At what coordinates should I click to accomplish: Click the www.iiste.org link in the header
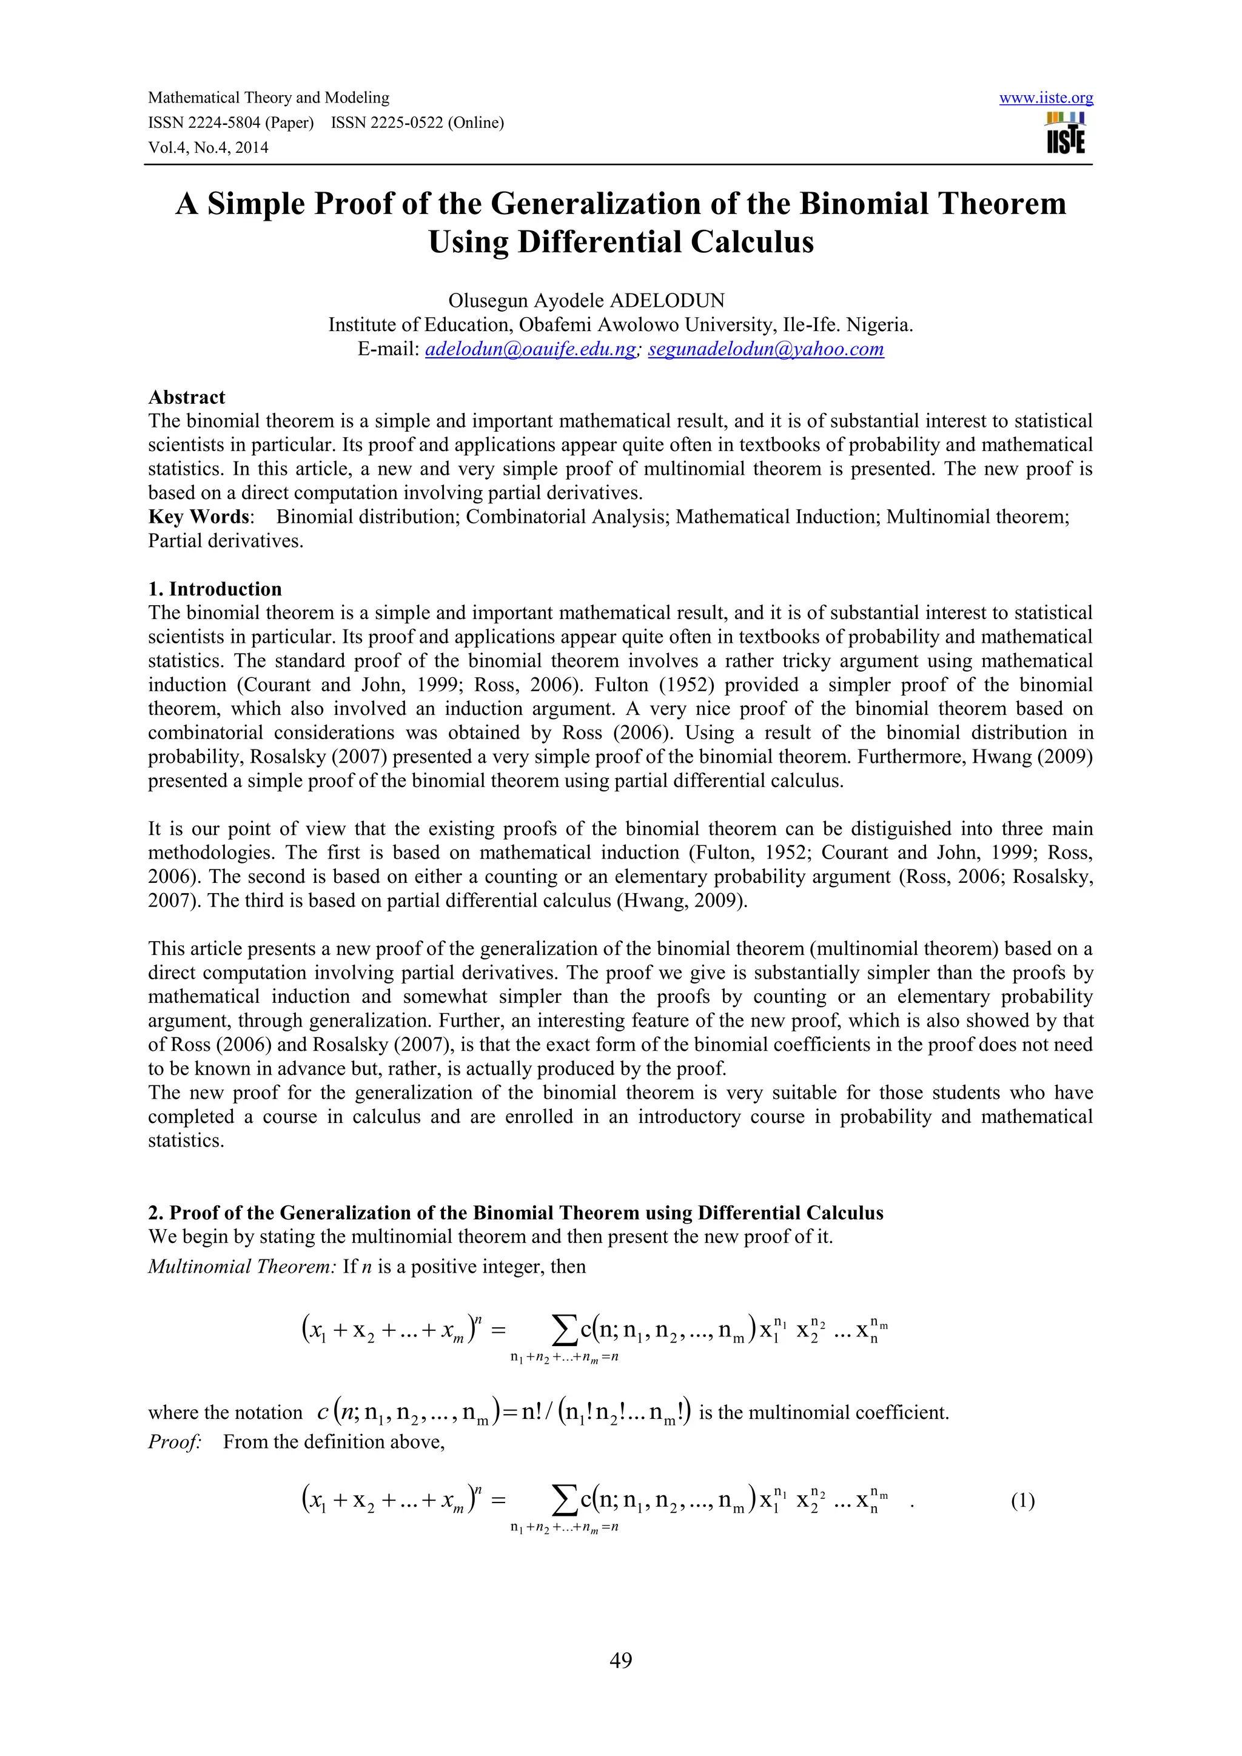pos(1046,98)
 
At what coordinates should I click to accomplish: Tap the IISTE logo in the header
pos(1066,133)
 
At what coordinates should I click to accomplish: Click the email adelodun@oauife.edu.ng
pos(530,349)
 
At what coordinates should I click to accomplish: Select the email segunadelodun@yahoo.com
pos(765,349)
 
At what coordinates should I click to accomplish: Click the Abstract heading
pos(187,398)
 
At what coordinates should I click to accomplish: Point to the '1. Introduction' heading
pos(215,589)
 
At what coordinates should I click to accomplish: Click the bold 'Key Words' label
pos(199,517)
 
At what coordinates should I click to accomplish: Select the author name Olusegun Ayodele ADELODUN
pos(586,301)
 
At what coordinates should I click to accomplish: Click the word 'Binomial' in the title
pos(864,204)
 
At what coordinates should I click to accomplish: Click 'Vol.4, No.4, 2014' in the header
pos(208,147)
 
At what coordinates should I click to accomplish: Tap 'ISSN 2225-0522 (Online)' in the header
pos(418,123)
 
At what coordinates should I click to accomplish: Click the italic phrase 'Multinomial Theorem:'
pos(242,1267)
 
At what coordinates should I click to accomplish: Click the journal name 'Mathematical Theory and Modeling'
pos(269,98)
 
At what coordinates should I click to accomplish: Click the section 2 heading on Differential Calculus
pos(515,1213)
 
